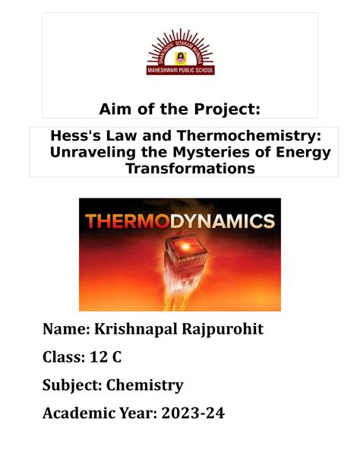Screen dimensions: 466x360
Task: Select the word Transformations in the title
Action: click(180, 169)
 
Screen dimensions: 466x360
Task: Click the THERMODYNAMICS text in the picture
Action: click(179, 222)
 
